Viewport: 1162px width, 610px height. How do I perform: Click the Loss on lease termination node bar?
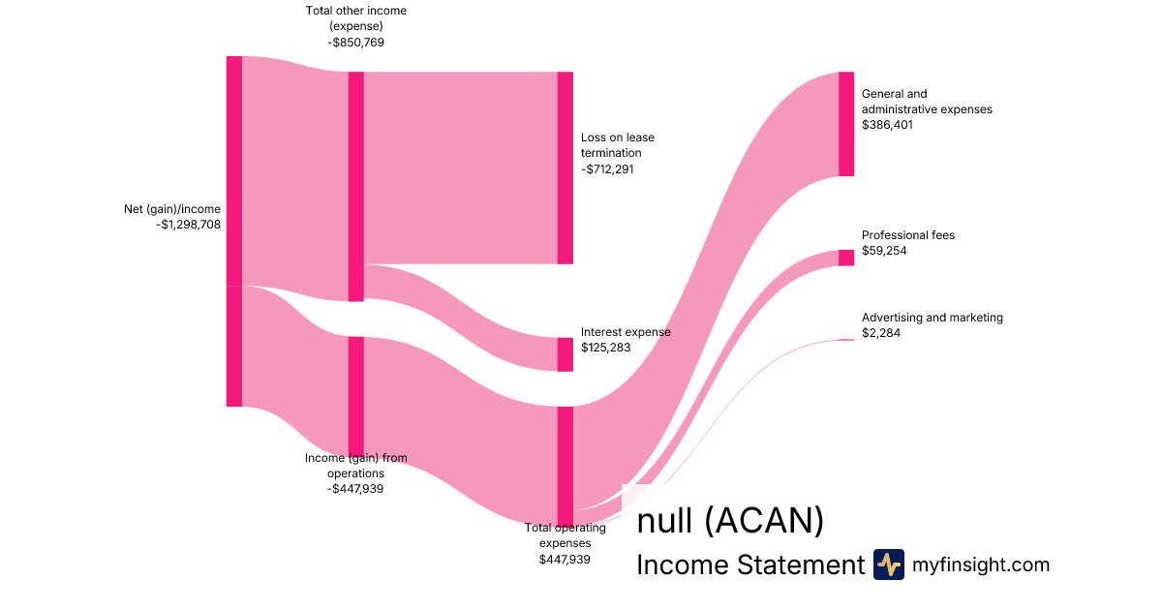[566, 168]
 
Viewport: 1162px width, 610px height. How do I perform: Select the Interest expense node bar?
[566, 354]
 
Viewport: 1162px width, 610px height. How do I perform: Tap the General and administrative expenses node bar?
[846, 124]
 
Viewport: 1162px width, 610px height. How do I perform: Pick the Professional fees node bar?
[846, 258]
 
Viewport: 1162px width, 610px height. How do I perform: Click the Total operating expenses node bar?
[566, 465]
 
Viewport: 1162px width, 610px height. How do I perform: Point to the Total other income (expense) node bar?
[356, 186]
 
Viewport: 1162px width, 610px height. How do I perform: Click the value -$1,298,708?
[188, 225]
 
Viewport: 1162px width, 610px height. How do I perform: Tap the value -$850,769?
[355, 43]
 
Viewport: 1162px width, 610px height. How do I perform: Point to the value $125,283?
[606, 348]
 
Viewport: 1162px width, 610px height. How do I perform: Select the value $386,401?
[887, 125]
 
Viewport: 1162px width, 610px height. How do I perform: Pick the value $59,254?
[884, 251]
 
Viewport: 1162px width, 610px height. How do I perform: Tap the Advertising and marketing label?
[933, 318]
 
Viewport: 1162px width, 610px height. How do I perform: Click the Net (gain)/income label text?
[172, 209]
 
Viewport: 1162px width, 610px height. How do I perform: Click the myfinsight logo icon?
[888, 564]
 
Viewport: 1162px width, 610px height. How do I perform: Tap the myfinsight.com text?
[981, 564]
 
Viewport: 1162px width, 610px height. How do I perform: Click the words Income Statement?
[749, 565]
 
